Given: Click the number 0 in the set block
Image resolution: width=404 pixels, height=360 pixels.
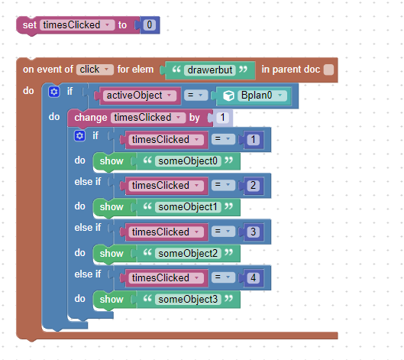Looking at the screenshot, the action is click(x=150, y=25).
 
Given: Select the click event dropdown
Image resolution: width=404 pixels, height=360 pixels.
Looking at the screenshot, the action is click(x=95, y=70).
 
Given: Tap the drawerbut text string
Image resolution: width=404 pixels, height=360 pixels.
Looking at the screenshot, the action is click(x=210, y=70).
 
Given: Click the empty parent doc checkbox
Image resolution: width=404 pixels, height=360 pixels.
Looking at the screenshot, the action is click(x=328, y=70).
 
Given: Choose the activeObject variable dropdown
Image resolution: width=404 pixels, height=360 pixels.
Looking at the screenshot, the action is click(x=140, y=96).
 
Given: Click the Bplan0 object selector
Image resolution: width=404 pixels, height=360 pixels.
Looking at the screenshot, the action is click(x=262, y=96).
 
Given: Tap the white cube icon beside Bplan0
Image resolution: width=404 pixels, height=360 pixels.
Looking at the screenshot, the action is click(x=228, y=96).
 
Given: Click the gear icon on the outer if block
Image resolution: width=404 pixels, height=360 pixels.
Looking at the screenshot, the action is click(x=54, y=92).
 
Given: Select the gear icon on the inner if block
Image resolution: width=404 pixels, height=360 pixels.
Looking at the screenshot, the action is click(x=79, y=135).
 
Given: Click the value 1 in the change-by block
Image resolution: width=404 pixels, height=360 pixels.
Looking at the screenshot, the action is click(x=222, y=118).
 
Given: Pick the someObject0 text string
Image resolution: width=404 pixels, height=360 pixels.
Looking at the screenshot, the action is click(x=188, y=161).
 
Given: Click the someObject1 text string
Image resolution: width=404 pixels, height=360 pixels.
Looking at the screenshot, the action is click(x=188, y=207).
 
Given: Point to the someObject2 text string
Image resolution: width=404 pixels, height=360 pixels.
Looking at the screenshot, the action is click(x=188, y=253).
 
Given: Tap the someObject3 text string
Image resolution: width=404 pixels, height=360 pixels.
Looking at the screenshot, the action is click(x=188, y=300).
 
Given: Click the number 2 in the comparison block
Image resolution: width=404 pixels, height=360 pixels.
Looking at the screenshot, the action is click(x=253, y=186).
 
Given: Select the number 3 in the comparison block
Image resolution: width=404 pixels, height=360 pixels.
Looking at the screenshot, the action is click(x=253, y=232).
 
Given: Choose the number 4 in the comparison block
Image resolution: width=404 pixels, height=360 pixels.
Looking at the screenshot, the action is click(x=253, y=277).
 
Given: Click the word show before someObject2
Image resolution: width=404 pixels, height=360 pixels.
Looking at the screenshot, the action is click(x=112, y=253).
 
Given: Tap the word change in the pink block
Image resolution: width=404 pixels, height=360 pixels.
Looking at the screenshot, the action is click(x=91, y=118).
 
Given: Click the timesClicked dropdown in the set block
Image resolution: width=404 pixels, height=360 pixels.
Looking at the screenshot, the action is click(x=77, y=25).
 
